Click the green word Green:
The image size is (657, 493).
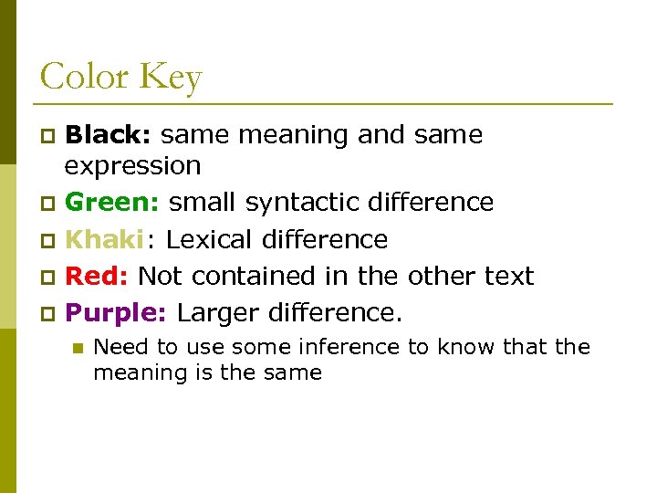tap(113, 202)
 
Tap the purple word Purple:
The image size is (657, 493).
tap(115, 313)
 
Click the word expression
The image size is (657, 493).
tap(132, 167)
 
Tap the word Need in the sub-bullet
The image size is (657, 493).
tap(116, 347)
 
